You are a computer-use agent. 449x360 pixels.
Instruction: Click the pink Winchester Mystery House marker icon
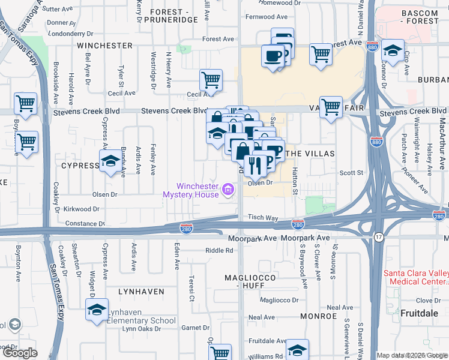tap(228, 191)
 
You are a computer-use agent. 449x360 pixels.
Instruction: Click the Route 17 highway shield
tap(379, 238)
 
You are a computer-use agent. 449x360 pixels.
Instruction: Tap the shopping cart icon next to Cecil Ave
tap(211, 79)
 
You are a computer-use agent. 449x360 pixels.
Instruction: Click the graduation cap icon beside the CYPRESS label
tap(110, 161)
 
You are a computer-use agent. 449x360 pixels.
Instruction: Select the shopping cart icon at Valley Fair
tap(331, 107)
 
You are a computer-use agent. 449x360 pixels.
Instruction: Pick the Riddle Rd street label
tap(218, 251)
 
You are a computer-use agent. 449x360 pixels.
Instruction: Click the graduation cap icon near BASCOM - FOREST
tap(393, 50)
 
